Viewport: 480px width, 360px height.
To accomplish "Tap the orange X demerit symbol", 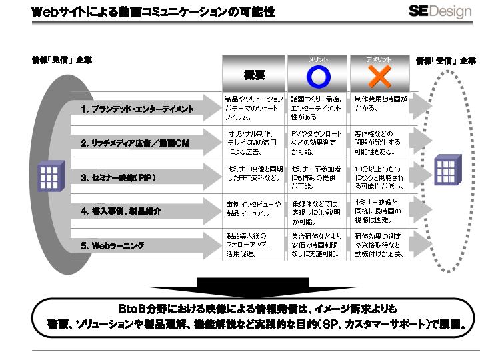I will pyautogui.click(x=379, y=77).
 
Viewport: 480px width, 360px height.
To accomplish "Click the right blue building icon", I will pyautogui.click(x=448, y=169).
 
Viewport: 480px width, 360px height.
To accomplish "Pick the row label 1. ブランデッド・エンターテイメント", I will pyautogui.click(x=137, y=109).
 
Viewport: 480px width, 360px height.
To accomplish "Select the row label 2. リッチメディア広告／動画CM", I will pyautogui.click(x=136, y=143).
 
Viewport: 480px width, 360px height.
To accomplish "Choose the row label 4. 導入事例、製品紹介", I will pyautogui.click(x=121, y=211).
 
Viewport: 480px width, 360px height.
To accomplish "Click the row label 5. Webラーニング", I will pyautogui.click(x=113, y=246).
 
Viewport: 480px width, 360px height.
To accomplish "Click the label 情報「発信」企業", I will pyautogui.click(x=62, y=60).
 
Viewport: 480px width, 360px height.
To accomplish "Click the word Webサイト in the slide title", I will pyautogui.click(x=56, y=12).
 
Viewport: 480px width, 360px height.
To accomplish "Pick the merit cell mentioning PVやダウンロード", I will pyautogui.click(x=317, y=142).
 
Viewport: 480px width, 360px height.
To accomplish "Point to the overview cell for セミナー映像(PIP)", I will pyautogui.click(x=253, y=173).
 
